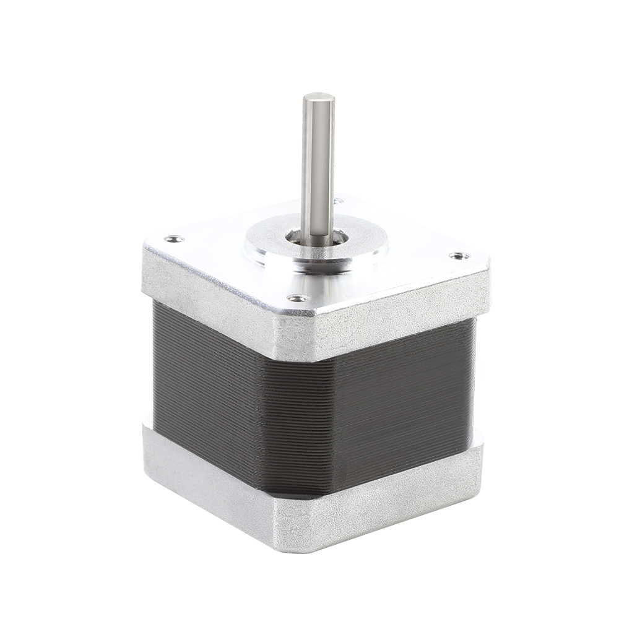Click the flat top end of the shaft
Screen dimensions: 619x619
pyautogui.click(x=318, y=98)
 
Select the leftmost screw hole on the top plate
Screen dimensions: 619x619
pyautogui.click(x=173, y=238)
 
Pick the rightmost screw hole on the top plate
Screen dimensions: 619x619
pyautogui.click(x=458, y=255)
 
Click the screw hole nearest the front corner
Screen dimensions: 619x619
pyautogui.click(x=298, y=298)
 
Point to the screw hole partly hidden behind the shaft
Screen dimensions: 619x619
pyautogui.click(x=338, y=201)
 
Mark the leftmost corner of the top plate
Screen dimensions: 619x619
pyautogui.click(x=145, y=248)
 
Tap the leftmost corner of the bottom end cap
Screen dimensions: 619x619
pyautogui.click(x=145, y=433)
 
